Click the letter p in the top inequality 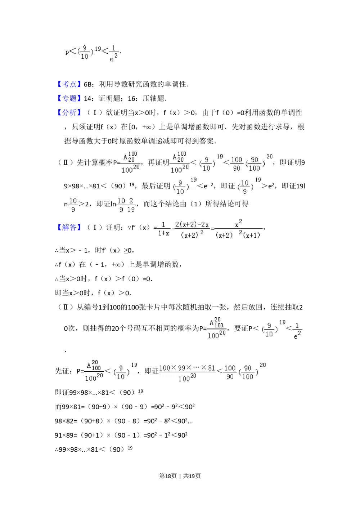click(x=67, y=52)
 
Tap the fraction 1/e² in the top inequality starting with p click(x=114, y=53)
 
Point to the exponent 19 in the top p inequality click(x=98, y=49)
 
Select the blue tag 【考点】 click(x=69, y=84)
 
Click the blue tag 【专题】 click(x=69, y=98)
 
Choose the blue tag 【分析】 click(x=69, y=112)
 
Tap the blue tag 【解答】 click(x=69, y=227)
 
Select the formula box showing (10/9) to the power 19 click(x=248, y=186)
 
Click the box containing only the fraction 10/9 click(x=73, y=205)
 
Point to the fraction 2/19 click(x=131, y=205)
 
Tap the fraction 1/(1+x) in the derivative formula click(x=163, y=229)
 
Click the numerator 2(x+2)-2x click(x=192, y=225)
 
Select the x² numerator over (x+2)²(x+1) click(x=238, y=224)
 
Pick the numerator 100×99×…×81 click(x=187, y=368)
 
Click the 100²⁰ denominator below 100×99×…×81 click(x=187, y=378)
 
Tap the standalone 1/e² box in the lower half click(x=298, y=331)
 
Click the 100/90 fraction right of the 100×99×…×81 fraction click(x=230, y=372)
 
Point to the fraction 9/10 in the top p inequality click(x=85, y=52)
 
